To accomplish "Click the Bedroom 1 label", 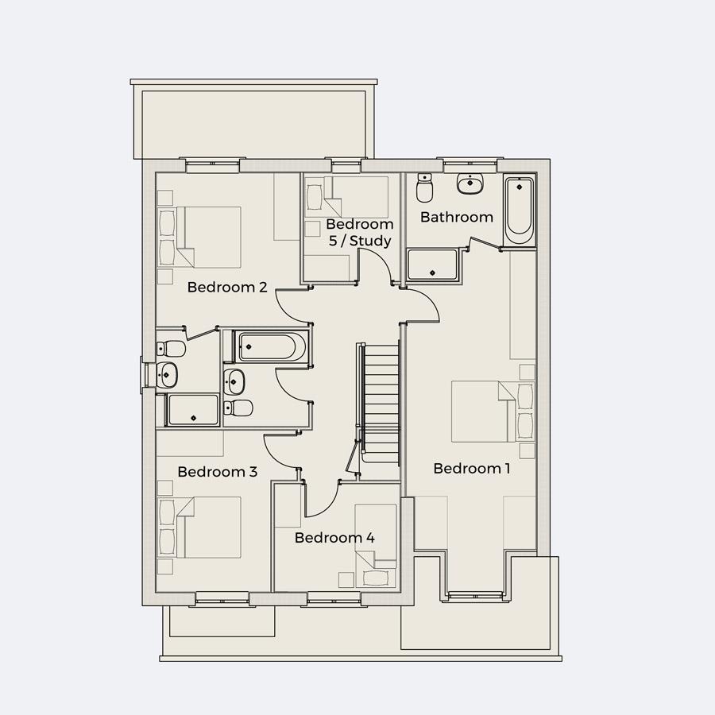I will click(471, 469).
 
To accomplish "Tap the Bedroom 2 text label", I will click(226, 288).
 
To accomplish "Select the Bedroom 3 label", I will click(217, 472).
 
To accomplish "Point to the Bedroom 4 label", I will click(334, 538).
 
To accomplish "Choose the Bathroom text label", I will click(456, 217).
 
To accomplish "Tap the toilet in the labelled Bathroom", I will click(424, 190).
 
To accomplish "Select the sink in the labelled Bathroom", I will click(470, 184).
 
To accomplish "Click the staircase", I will click(380, 397).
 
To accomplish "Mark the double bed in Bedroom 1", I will click(485, 411).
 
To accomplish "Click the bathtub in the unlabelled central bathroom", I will click(269, 347).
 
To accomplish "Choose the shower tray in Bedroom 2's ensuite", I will click(192, 411).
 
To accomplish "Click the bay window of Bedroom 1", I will click(475, 594).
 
